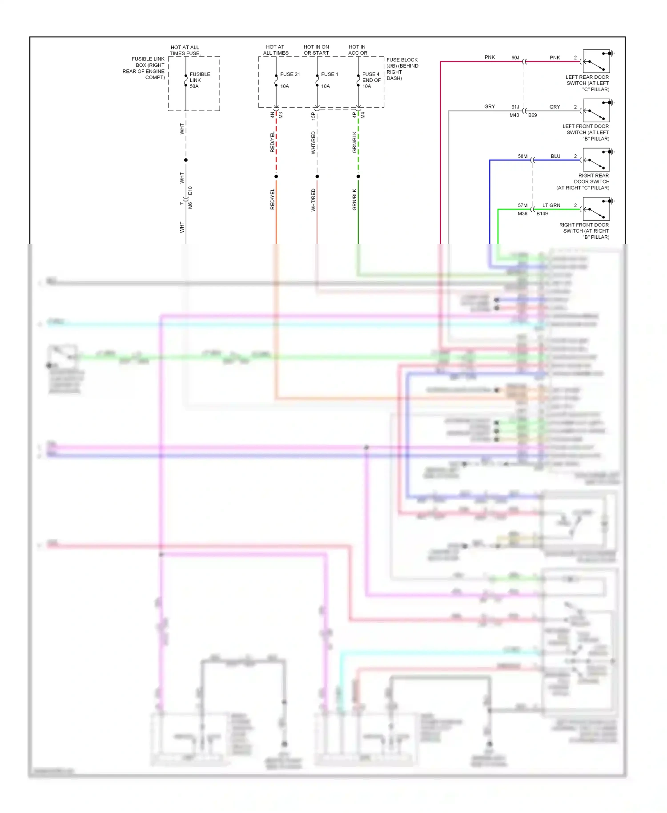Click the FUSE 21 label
[290, 74]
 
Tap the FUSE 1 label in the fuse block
[329, 74]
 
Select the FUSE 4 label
[371, 74]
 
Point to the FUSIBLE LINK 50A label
[200, 80]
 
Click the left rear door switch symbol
[596, 61]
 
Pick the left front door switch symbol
[596, 111]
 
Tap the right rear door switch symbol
[596, 160]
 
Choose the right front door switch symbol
[596, 209]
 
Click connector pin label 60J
[515, 57]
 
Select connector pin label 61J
[515, 107]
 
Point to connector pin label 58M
[522, 156]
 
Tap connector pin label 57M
[522, 205]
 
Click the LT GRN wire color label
[551, 205]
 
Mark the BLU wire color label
[555, 156]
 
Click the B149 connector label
[542, 213]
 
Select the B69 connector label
[532, 115]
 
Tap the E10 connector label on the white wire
[190, 191]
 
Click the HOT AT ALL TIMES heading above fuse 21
[276, 50]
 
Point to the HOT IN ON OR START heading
[316, 50]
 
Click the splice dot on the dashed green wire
[358, 177]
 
